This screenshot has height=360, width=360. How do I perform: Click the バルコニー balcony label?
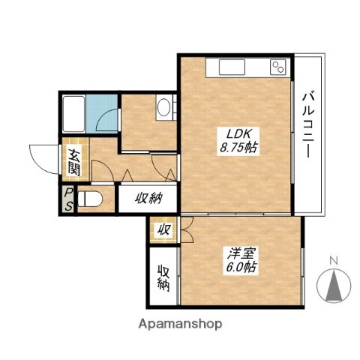coord(307,124)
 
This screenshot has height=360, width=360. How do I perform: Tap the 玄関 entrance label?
coord(76,163)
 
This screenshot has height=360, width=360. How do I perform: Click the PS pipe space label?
coord(67,200)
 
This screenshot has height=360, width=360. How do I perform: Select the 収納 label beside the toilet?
coord(148,199)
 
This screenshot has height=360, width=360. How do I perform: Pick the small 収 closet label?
coord(162,230)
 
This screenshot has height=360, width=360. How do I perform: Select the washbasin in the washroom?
coord(164,109)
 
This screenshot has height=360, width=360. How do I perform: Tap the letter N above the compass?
coord(334,261)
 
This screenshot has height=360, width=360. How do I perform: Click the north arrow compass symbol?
coord(334,286)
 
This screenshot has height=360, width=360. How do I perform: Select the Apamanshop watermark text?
coord(180,325)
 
